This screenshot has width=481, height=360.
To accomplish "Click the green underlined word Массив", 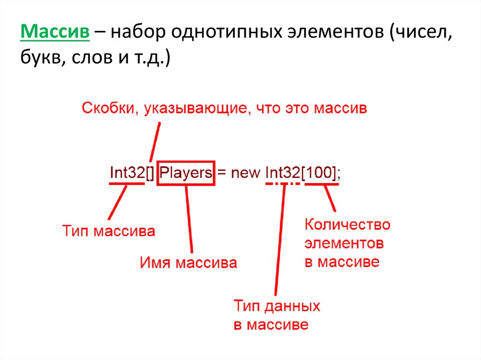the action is (x=55, y=31).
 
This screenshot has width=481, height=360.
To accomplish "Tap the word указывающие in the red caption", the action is (x=195, y=109).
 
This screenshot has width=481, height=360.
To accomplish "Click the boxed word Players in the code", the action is (x=186, y=173).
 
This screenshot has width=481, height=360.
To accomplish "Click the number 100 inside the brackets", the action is (x=319, y=172).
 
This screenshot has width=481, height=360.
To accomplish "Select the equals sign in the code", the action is (x=222, y=173).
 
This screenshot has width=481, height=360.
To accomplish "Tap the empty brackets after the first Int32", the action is (x=150, y=173).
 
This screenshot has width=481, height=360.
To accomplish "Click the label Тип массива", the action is (x=109, y=231).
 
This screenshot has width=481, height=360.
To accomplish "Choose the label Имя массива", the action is (x=188, y=263).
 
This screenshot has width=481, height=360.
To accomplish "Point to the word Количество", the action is (x=347, y=225).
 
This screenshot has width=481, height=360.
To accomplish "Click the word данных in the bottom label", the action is (x=292, y=306).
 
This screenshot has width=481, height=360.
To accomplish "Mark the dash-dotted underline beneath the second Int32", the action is (x=283, y=184).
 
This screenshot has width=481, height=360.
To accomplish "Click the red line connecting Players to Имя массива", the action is (x=189, y=219).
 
